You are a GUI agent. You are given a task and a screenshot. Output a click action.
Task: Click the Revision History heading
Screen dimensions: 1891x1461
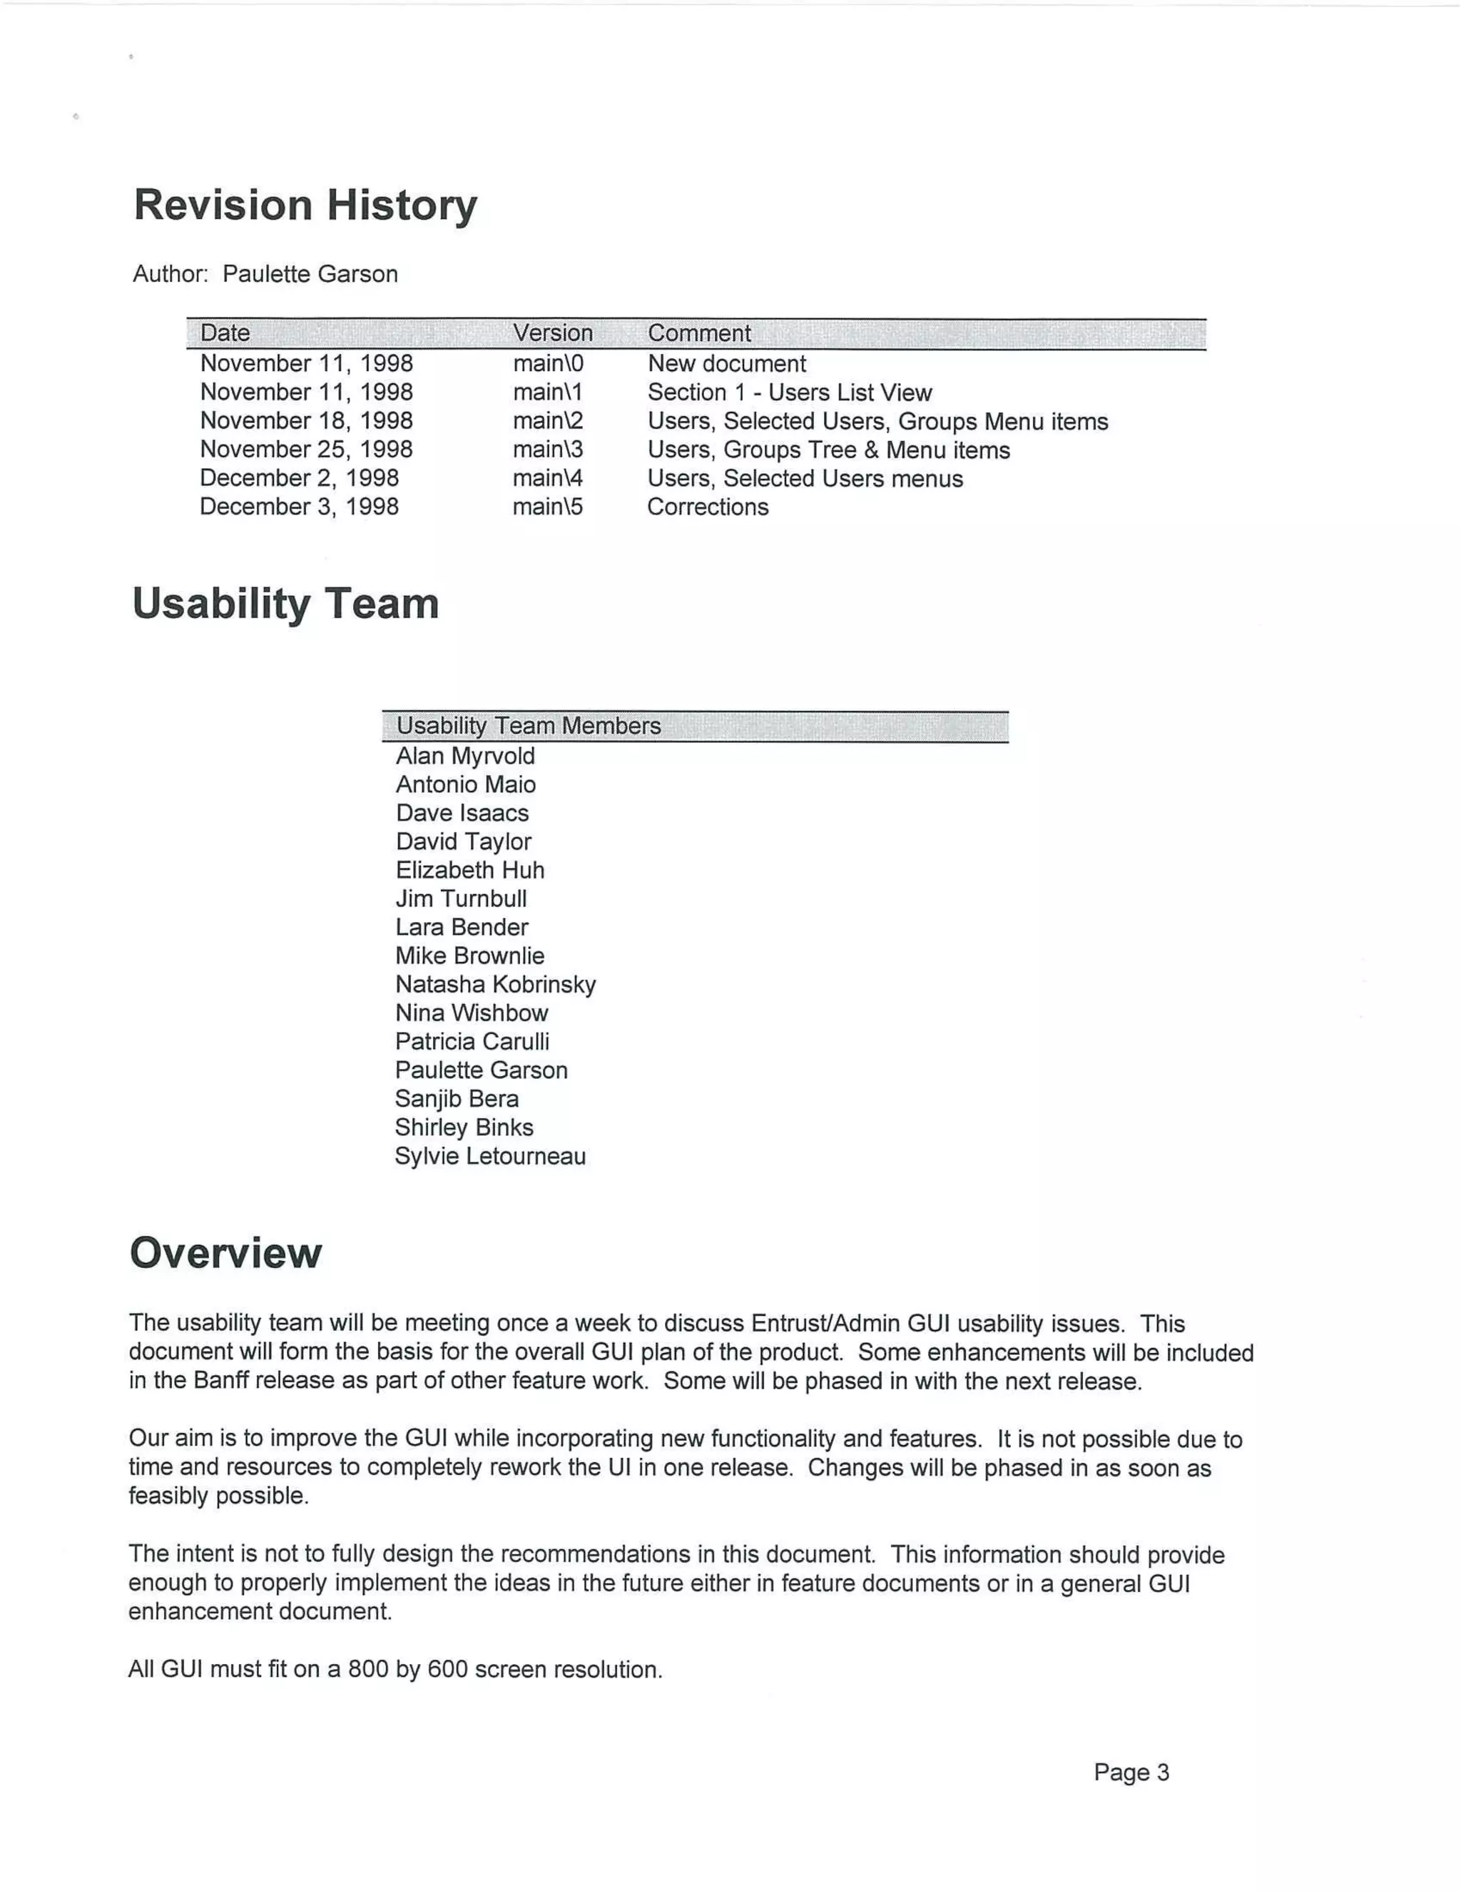click(305, 206)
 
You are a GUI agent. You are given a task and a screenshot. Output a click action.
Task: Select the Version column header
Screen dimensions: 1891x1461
click(552, 333)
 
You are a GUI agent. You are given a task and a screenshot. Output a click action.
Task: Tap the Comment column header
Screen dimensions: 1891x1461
click(698, 333)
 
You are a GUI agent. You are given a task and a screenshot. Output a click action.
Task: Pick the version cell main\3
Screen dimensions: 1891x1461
click(547, 450)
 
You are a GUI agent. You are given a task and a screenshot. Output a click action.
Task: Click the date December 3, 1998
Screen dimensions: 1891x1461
click(299, 507)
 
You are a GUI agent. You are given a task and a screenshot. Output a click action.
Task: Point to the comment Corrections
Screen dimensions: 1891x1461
click(707, 507)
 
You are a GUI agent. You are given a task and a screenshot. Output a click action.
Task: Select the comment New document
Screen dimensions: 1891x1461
click(726, 364)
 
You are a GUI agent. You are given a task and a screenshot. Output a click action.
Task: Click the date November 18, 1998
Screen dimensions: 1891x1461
click(305, 421)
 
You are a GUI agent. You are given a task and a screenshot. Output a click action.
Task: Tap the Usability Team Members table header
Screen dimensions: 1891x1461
click(528, 726)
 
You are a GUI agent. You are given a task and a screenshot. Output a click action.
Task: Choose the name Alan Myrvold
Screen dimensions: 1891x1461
click(465, 756)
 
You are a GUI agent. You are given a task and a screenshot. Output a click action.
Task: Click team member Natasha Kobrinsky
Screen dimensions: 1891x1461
click(495, 985)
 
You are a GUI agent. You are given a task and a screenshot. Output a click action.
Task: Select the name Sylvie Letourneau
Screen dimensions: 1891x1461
click(490, 1156)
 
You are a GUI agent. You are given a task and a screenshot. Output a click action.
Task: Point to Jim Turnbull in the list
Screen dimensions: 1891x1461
click(460, 898)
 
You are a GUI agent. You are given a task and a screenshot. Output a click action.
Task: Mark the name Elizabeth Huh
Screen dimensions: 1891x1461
click(469, 870)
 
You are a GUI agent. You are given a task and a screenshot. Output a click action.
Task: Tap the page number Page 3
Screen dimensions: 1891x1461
click(1131, 1773)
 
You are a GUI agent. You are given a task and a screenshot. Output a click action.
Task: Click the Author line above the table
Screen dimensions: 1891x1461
click(265, 275)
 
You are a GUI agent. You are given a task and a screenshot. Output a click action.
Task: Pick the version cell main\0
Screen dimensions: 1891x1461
click(547, 364)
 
